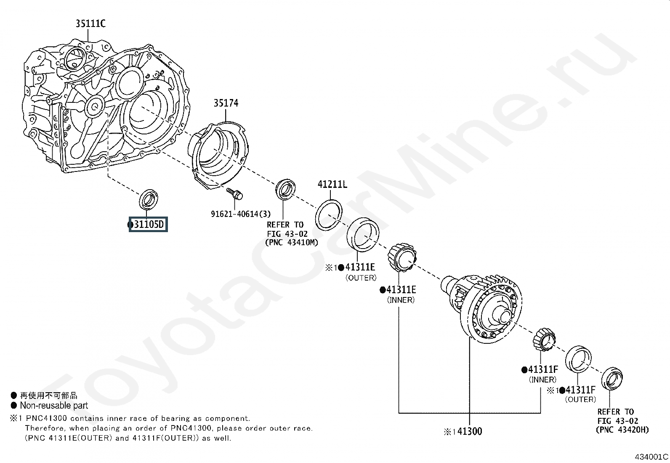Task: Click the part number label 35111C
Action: pyautogui.click(x=90, y=23)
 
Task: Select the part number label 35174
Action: pyautogui.click(x=226, y=103)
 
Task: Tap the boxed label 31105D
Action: pyautogui.click(x=148, y=224)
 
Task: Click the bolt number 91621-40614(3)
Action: pyautogui.click(x=240, y=214)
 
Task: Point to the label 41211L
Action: pyautogui.click(x=332, y=184)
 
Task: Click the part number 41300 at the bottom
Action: pyautogui.click(x=470, y=431)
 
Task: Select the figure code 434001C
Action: pyautogui.click(x=651, y=456)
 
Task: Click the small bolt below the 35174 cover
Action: pyautogui.click(x=234, y=193)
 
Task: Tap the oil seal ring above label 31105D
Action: pyautogui.click(x=149, y=199)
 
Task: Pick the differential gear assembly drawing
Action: pyautogui.click(x=481, y=308)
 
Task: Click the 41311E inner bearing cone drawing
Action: pyautogui.click(x=401, y=257)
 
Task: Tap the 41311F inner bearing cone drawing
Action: pyautogui.click(x=544, y=340)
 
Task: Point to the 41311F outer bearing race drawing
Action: pyautogui.click(x=578, y=359)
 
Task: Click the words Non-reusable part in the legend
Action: pyautogui.click(x=54, y=406)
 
